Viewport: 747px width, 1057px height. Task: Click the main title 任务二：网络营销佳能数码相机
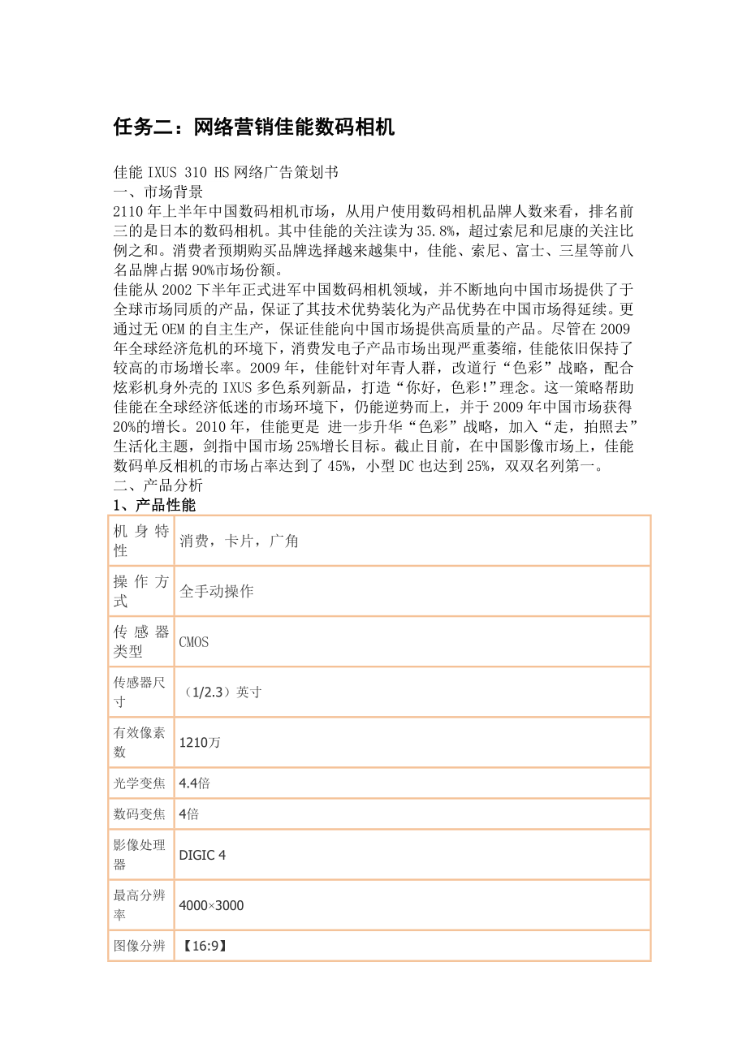point(253,127)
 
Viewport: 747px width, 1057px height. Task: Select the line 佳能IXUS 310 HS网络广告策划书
point(226,172)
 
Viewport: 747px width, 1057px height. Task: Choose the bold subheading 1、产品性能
point(154,505)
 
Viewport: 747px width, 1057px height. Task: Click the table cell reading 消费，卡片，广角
point(240,541)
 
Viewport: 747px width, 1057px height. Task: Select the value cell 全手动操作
point(217,591)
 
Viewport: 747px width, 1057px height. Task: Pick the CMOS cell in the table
point(194,641)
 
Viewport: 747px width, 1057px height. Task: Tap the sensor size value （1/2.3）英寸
point(221,692)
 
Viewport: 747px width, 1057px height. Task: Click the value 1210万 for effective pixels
point(200,742)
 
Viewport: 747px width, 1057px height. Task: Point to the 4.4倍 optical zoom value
point(195,783)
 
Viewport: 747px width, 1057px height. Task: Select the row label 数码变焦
point(140,813)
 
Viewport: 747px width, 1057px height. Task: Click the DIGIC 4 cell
point(202,854)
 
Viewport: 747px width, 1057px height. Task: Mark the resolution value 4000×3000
point(211,904)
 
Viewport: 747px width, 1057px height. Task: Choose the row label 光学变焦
point(140,783)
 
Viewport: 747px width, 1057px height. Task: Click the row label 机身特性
point(140,541)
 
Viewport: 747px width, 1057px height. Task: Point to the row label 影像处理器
point(140,854)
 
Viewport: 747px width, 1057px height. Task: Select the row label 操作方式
point(140,591)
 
